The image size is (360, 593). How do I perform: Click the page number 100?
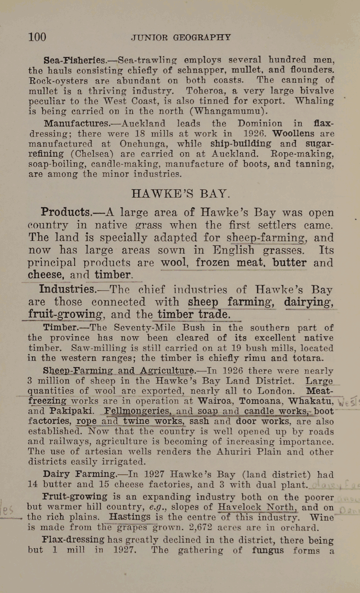pos(37,37)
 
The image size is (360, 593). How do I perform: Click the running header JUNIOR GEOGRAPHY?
pos(181,38)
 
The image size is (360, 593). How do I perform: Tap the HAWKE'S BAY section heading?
pos(179,194)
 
